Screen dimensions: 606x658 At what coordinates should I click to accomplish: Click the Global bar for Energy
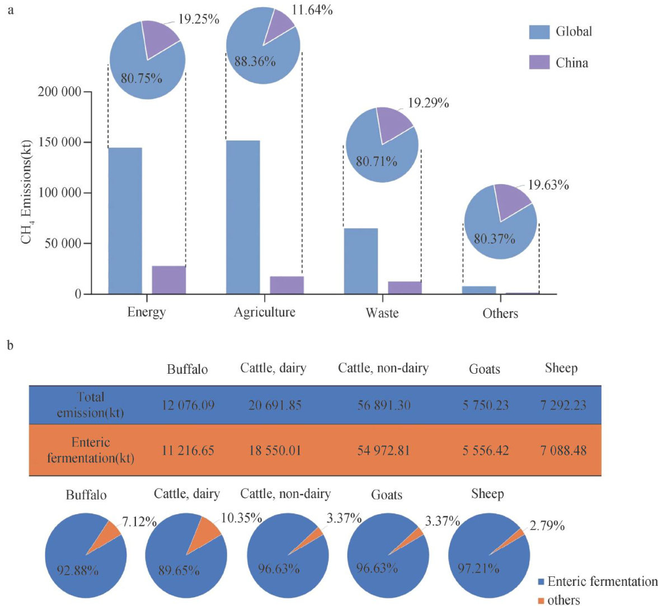pos(125,220)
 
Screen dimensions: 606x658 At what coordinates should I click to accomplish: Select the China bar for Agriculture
pos(286,285)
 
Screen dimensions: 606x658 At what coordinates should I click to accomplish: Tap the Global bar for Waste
pos(361,261)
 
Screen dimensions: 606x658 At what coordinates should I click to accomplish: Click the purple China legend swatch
pos(539,62)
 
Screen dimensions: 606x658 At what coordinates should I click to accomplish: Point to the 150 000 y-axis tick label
pos(59,142)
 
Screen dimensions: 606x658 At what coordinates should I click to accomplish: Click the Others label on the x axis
pos(500,313)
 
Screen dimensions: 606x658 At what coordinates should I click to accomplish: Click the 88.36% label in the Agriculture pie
pos(255,62)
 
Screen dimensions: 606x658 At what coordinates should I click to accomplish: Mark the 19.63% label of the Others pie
pos(548,185)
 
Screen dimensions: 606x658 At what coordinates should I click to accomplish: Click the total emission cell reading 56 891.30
pos(384,405)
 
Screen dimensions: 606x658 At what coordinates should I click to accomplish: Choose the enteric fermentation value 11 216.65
pos(188,450)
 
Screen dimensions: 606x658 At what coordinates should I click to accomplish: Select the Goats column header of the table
pos(485,369)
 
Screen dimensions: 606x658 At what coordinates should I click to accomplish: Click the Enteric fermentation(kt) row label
pos(91,450)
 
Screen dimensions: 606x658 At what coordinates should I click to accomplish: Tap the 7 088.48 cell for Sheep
pos(563,450)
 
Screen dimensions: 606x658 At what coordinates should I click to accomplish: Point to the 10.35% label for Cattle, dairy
pos(242,518)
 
